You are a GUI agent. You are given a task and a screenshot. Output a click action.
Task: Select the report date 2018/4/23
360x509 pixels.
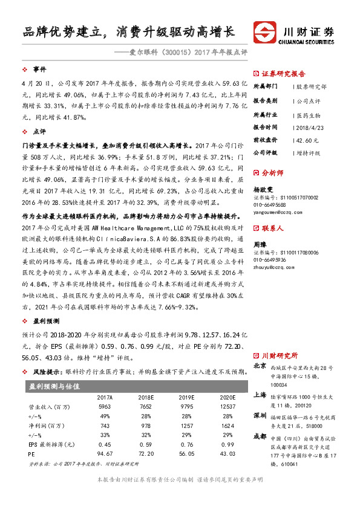pyautogui.click(x=307, y=127)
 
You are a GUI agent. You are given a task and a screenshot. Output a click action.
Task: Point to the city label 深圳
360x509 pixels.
pyautogui.click(x=260, y=416)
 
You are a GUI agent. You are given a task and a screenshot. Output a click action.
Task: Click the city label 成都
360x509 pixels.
pyautogui.click(x=260, y=436)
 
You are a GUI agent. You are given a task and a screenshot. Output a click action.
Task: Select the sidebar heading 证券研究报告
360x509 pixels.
pyautogui.click(x=284, y=72)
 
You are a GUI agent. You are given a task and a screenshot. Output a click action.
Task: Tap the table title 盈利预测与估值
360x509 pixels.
pyautogui.click(x=55, y=386)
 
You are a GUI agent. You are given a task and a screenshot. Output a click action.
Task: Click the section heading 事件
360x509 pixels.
pyautogui.click(x=39, y=70)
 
